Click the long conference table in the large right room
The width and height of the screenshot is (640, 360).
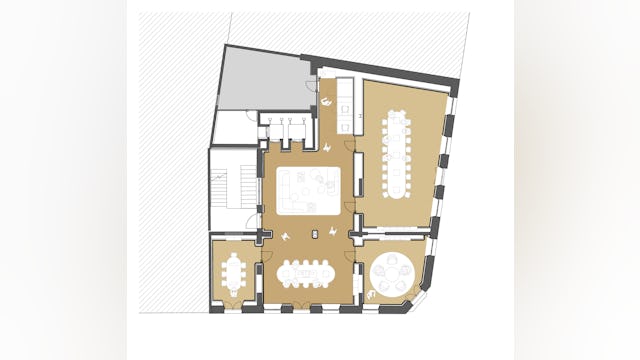click(397, 155)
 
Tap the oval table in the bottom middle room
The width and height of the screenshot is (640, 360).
click(304, 272)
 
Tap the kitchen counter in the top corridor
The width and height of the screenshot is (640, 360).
click(347, 103)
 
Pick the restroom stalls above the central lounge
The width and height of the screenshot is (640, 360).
click(288, 125)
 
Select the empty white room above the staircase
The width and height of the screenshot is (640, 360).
click(234, 127)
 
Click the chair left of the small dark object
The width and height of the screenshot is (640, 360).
click(289, 235)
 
